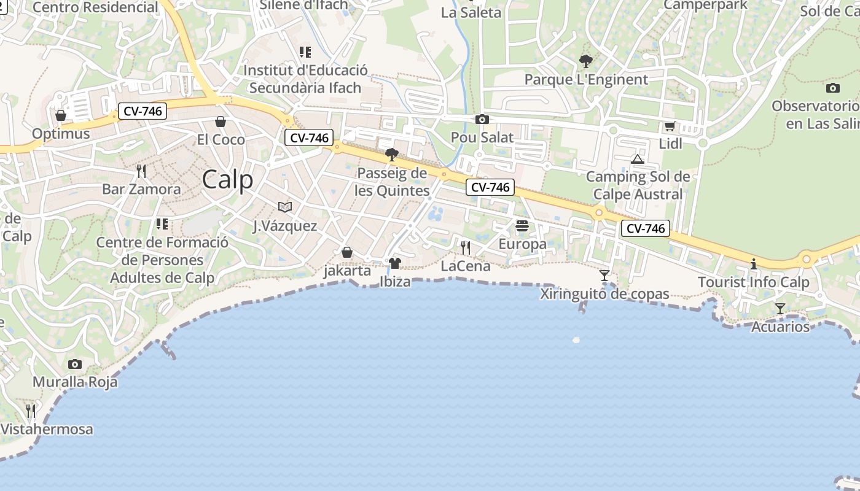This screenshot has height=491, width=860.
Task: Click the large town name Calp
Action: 227,180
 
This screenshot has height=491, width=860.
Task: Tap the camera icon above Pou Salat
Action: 482,119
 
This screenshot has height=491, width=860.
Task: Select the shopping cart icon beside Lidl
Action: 670,126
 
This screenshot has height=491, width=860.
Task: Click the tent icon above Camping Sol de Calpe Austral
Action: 637,160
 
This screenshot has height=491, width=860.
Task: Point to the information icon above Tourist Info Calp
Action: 754,264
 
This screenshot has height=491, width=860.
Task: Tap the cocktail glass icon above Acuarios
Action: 780,308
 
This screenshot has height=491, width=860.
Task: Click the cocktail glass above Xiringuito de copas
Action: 604,276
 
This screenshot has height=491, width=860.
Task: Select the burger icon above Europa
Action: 522,226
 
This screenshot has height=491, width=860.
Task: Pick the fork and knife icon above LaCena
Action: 466,247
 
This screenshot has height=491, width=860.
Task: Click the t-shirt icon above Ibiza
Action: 394,263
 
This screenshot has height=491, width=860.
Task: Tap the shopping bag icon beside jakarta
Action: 347,252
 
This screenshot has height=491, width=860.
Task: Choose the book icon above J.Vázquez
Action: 285,207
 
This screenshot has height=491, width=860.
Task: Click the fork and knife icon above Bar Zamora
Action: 141,170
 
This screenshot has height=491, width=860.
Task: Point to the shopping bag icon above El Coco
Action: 221,122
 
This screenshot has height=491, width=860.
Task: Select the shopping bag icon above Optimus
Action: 61,115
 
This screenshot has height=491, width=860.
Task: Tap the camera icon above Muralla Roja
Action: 75,364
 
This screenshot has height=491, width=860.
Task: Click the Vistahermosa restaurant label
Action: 47,429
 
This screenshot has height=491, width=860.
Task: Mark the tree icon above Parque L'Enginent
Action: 586,61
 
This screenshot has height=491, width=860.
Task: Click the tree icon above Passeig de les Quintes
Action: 392,154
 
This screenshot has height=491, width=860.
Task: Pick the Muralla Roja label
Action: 75,382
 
